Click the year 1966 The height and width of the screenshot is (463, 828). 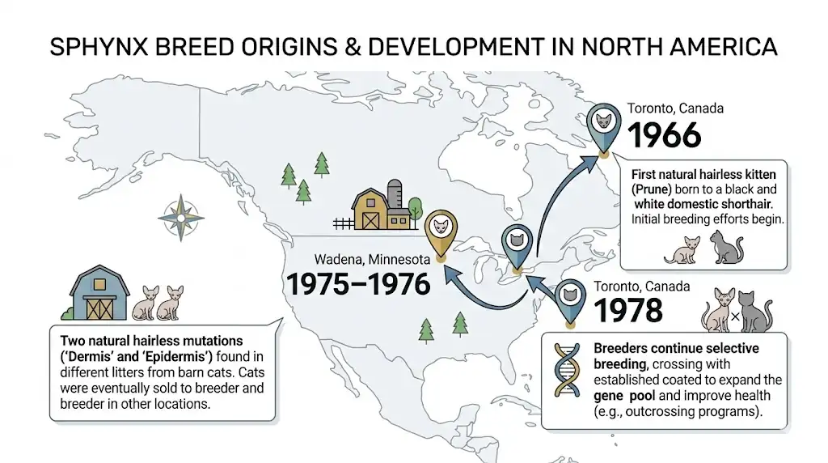tap(664, 135)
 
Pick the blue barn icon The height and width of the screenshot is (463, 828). tap(95, 292)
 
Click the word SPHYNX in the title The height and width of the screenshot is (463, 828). tap(91, 47)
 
